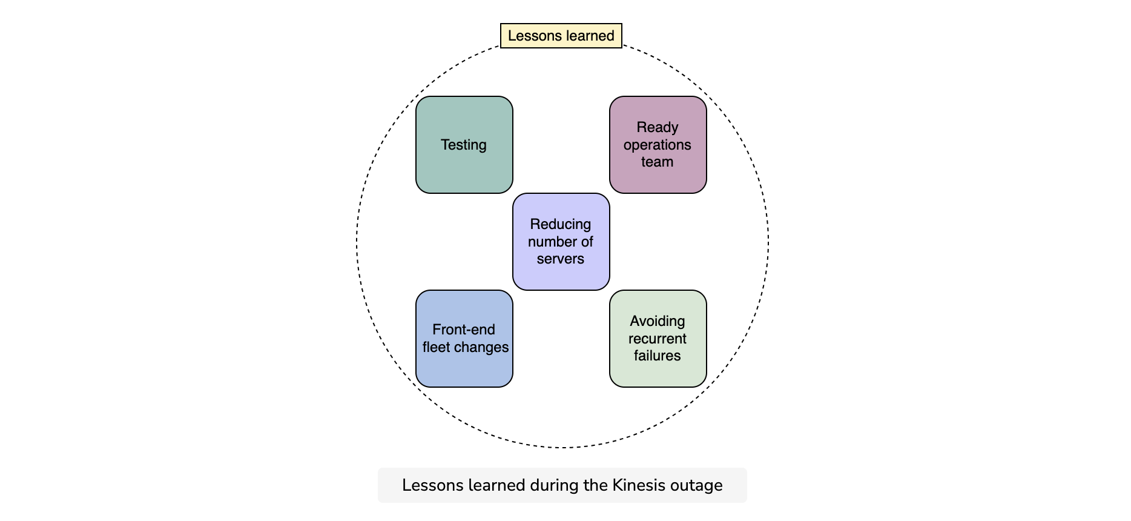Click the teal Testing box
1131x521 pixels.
click(x=464, y=145)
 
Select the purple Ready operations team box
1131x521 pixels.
click(x=658, y=145)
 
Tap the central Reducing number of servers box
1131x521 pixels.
click(x=561, y=242)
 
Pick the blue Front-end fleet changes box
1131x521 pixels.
click(x=464, y=339)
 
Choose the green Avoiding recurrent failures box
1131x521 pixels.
click(x=658, y=339)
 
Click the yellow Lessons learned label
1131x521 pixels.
click(x=561, y=36)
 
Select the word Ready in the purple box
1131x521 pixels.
click(x=658, y=128)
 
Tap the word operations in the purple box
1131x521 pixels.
click(x=658, y=145)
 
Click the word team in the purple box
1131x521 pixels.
click(x=658, y=162)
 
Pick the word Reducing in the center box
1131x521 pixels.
click(x=561, y=225)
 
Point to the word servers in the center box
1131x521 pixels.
click(x=561, y=259)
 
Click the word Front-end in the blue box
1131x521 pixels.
click(x=464, y=330)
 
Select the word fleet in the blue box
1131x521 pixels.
click(x=435, y=347)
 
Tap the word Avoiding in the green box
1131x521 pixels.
click(x=658, y=322)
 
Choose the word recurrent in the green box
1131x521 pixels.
click(x=658, y=339)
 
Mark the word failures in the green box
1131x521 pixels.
click(x=658, y=356)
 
